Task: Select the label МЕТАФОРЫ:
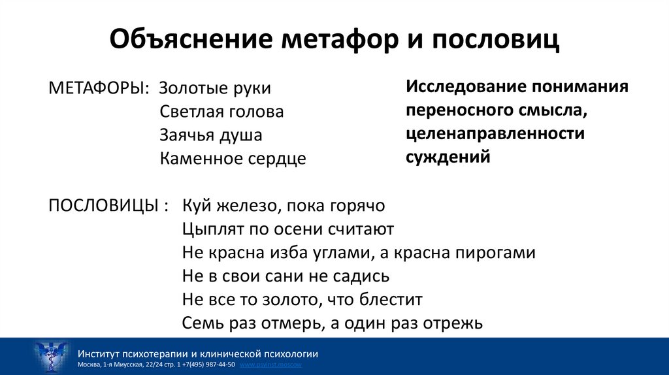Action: click(99, 88)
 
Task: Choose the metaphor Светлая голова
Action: click(221, 112)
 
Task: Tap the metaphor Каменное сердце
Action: click(233, 159)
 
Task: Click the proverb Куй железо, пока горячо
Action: click(284, 206)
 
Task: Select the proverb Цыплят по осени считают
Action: click(288, 229)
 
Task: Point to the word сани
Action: click(282, 276)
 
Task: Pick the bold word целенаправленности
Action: click(495, 134)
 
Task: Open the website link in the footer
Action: click(270, 364)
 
